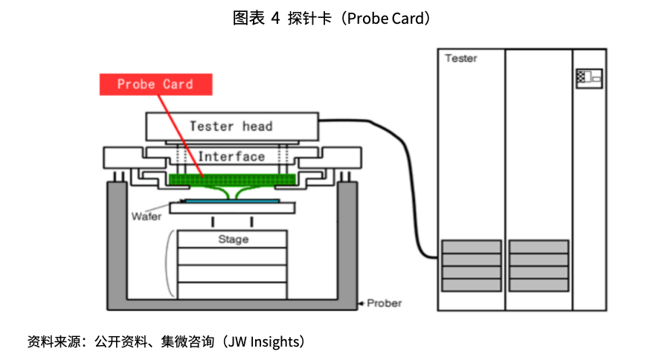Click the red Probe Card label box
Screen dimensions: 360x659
[x=155, y=84]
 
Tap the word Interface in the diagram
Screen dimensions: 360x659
[x=231, y=156]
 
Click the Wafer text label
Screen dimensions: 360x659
[x=147, y=216]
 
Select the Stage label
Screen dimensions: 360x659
[x=233, y=240]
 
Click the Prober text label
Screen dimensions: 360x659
[x=385, y=303]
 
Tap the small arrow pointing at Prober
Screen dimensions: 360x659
[x=361, y=303]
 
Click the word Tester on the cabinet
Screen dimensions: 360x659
[x=461, y=58]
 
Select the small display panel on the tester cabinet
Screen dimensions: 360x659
[x=588, y=77]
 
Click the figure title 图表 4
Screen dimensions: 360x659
[x=257, y=19]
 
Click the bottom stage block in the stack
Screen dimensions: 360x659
[x=233, y=290]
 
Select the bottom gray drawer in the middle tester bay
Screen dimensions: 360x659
[x=539, y=285]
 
